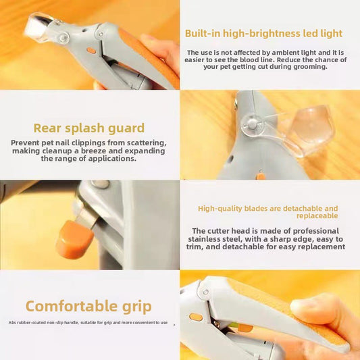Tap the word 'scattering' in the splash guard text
(x=144, y=143)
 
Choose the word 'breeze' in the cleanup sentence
(x=105, y=151)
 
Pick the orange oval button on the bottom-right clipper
(x=196, y=317)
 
